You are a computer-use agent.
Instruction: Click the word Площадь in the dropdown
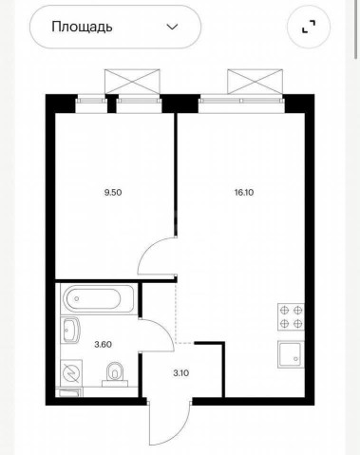(x=82, y=28)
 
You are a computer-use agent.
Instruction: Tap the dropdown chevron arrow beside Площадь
(x=172, y=27)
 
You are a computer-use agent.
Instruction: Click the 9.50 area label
(x=113, y=192)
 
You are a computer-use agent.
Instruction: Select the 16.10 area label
(x=244, y=192)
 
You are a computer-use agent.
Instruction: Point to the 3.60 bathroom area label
(x=104, y=344)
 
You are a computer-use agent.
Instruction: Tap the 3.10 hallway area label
(x=181, y=373)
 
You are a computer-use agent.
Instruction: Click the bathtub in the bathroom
(x=99, y=299)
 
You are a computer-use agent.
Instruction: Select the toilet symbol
(x=115, y=374)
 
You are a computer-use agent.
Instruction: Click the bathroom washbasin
(x=70, y=330)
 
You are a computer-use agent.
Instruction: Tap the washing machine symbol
(x=71, y=372)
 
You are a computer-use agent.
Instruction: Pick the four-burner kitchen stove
(x=291, y=317)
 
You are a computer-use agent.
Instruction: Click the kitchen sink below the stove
(x=291, y=354)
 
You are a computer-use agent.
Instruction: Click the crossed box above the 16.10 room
(x=255, y=82)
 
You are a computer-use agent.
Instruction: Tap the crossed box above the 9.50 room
(x=132, y=82)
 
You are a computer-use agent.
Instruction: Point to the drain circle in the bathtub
(x=77, y=299)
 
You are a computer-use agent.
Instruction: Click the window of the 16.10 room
(x=241, y=101)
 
